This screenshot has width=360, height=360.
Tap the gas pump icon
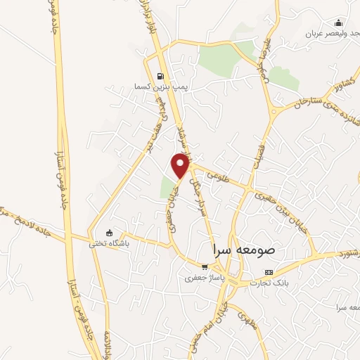click(160, 77)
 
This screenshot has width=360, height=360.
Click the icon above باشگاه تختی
click(109, 233)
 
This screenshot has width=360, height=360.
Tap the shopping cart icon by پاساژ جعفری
click(205, 267)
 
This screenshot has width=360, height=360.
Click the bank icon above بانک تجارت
click(268, 272)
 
